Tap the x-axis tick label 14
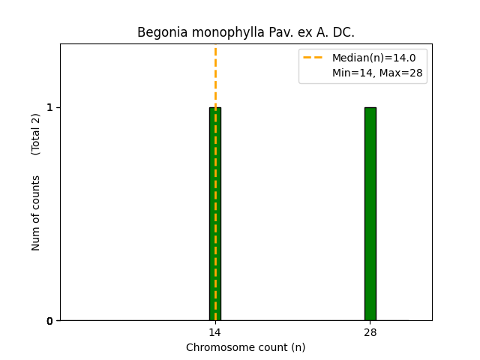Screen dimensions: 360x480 click(x=214, y=332)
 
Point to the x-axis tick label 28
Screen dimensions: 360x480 click(x=370, y=332)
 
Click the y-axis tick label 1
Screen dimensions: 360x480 click(x=50, y=107)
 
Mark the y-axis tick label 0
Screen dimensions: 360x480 click(x=50, y=321)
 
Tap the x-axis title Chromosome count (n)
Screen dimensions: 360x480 click(x=245, y=347)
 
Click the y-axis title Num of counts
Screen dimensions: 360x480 click(x=36, y=212)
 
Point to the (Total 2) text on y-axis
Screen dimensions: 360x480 click(x=36, y=133)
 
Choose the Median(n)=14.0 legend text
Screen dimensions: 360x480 click(x=373, y=58)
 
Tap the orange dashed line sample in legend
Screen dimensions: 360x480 click(x=313, y=58)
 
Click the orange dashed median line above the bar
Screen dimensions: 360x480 click(x=215, y=75)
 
